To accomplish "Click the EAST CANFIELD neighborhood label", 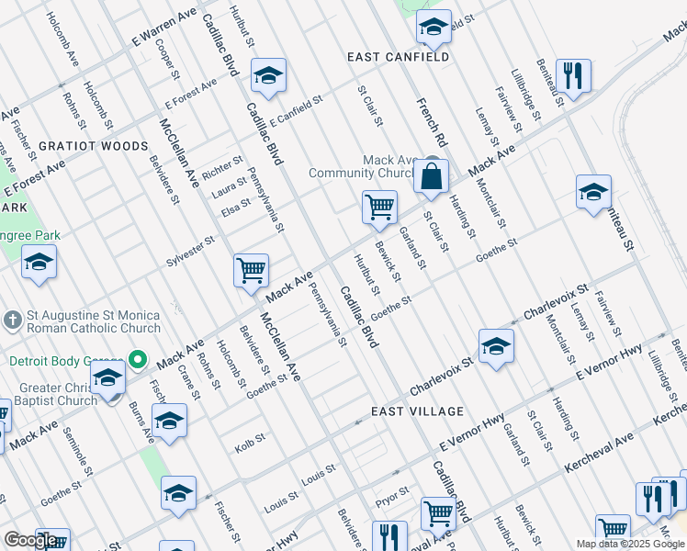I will (x=398, y=57).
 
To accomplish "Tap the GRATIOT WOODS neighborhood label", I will (x=93, y=146).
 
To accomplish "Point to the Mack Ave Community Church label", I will (x=363, y=166).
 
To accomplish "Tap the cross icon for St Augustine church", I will (x=12, y=320).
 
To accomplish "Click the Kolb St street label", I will (x=250, y=438).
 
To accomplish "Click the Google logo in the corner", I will (x=31, y=540).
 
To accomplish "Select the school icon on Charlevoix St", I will (x=496, y=347).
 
